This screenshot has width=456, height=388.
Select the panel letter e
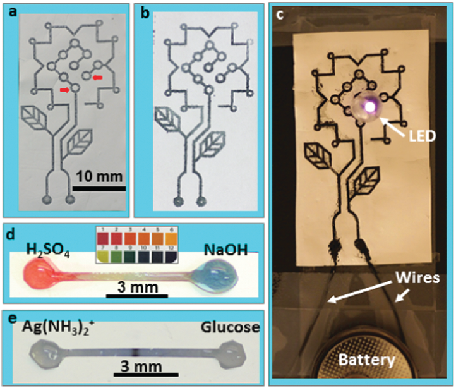(10, 318)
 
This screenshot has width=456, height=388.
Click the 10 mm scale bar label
(99, 176)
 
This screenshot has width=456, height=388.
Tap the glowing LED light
(367, 104)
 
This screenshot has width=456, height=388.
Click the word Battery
(366, 360)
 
